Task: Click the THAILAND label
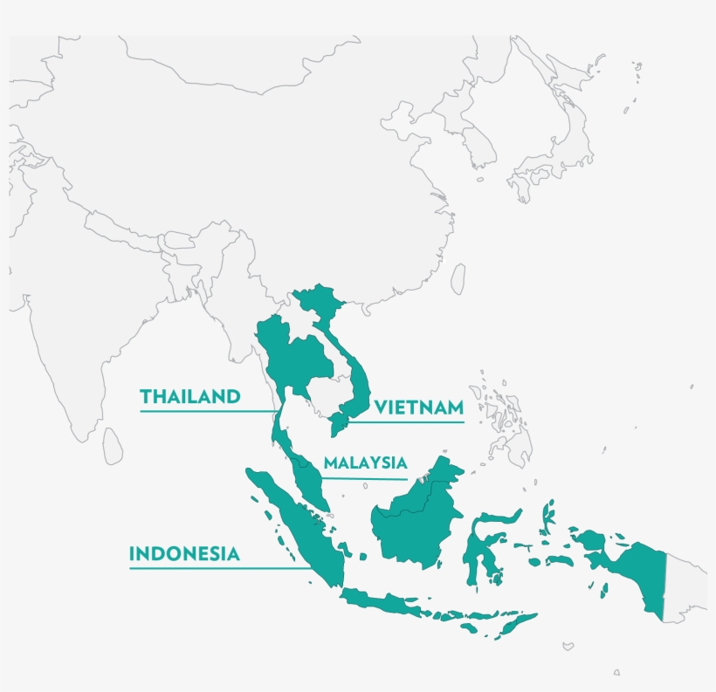tap(189, 396)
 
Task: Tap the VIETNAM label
tap(418, 408)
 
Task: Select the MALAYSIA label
tap(364, 463)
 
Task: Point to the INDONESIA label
tap(184, 553)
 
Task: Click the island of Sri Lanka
tap(113, 446)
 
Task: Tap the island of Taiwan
tap(458, 278)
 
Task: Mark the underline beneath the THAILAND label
tap(205, 409)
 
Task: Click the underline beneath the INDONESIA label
tap(218, 568)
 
